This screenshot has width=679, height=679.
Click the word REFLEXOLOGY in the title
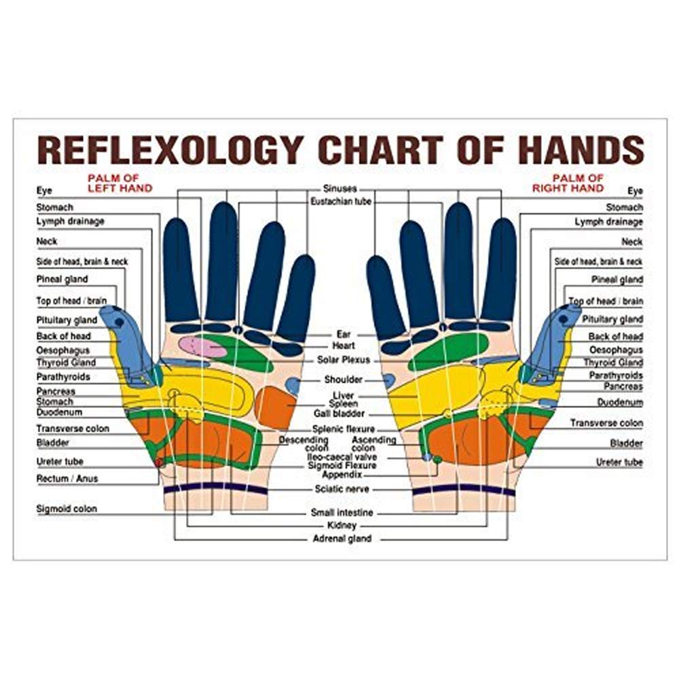[x=170, y=150]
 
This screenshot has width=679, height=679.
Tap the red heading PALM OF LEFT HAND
[x=120, y=183]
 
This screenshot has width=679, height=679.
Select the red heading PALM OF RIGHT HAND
[x=568, y=183]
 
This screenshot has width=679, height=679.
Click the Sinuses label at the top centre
[x=340, y=189]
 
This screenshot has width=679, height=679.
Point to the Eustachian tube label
[x=341, y=202]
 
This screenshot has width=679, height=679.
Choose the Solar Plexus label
[x=344, y=360]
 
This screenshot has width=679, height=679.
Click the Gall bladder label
[x=339, y=414]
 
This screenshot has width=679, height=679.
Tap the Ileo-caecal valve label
[x=342, y=457]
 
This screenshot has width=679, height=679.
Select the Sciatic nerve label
[x=342, y=490]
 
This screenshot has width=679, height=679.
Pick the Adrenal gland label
[x=342, y=538]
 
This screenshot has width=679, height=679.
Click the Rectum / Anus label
[x=67, y=479]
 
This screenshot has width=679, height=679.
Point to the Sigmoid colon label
[x=67, y=509]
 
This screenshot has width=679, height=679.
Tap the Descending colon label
[x=304, y=444]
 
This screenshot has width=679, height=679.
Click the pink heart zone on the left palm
[x=202, y=346]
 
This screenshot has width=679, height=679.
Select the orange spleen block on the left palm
[x=276, y=407]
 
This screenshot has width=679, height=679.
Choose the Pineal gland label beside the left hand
[x=62, y=279]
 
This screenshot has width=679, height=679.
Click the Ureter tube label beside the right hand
[x=619, y=462]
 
